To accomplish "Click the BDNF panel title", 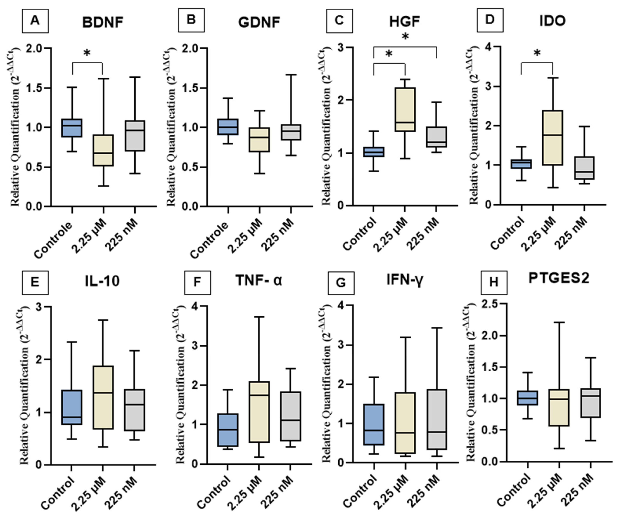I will click(x=102, y=22).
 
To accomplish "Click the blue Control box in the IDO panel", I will click(x=521, y=164).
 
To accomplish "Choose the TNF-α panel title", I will click(x=259, y=281).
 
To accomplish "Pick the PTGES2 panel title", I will click(x=558, y=279).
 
